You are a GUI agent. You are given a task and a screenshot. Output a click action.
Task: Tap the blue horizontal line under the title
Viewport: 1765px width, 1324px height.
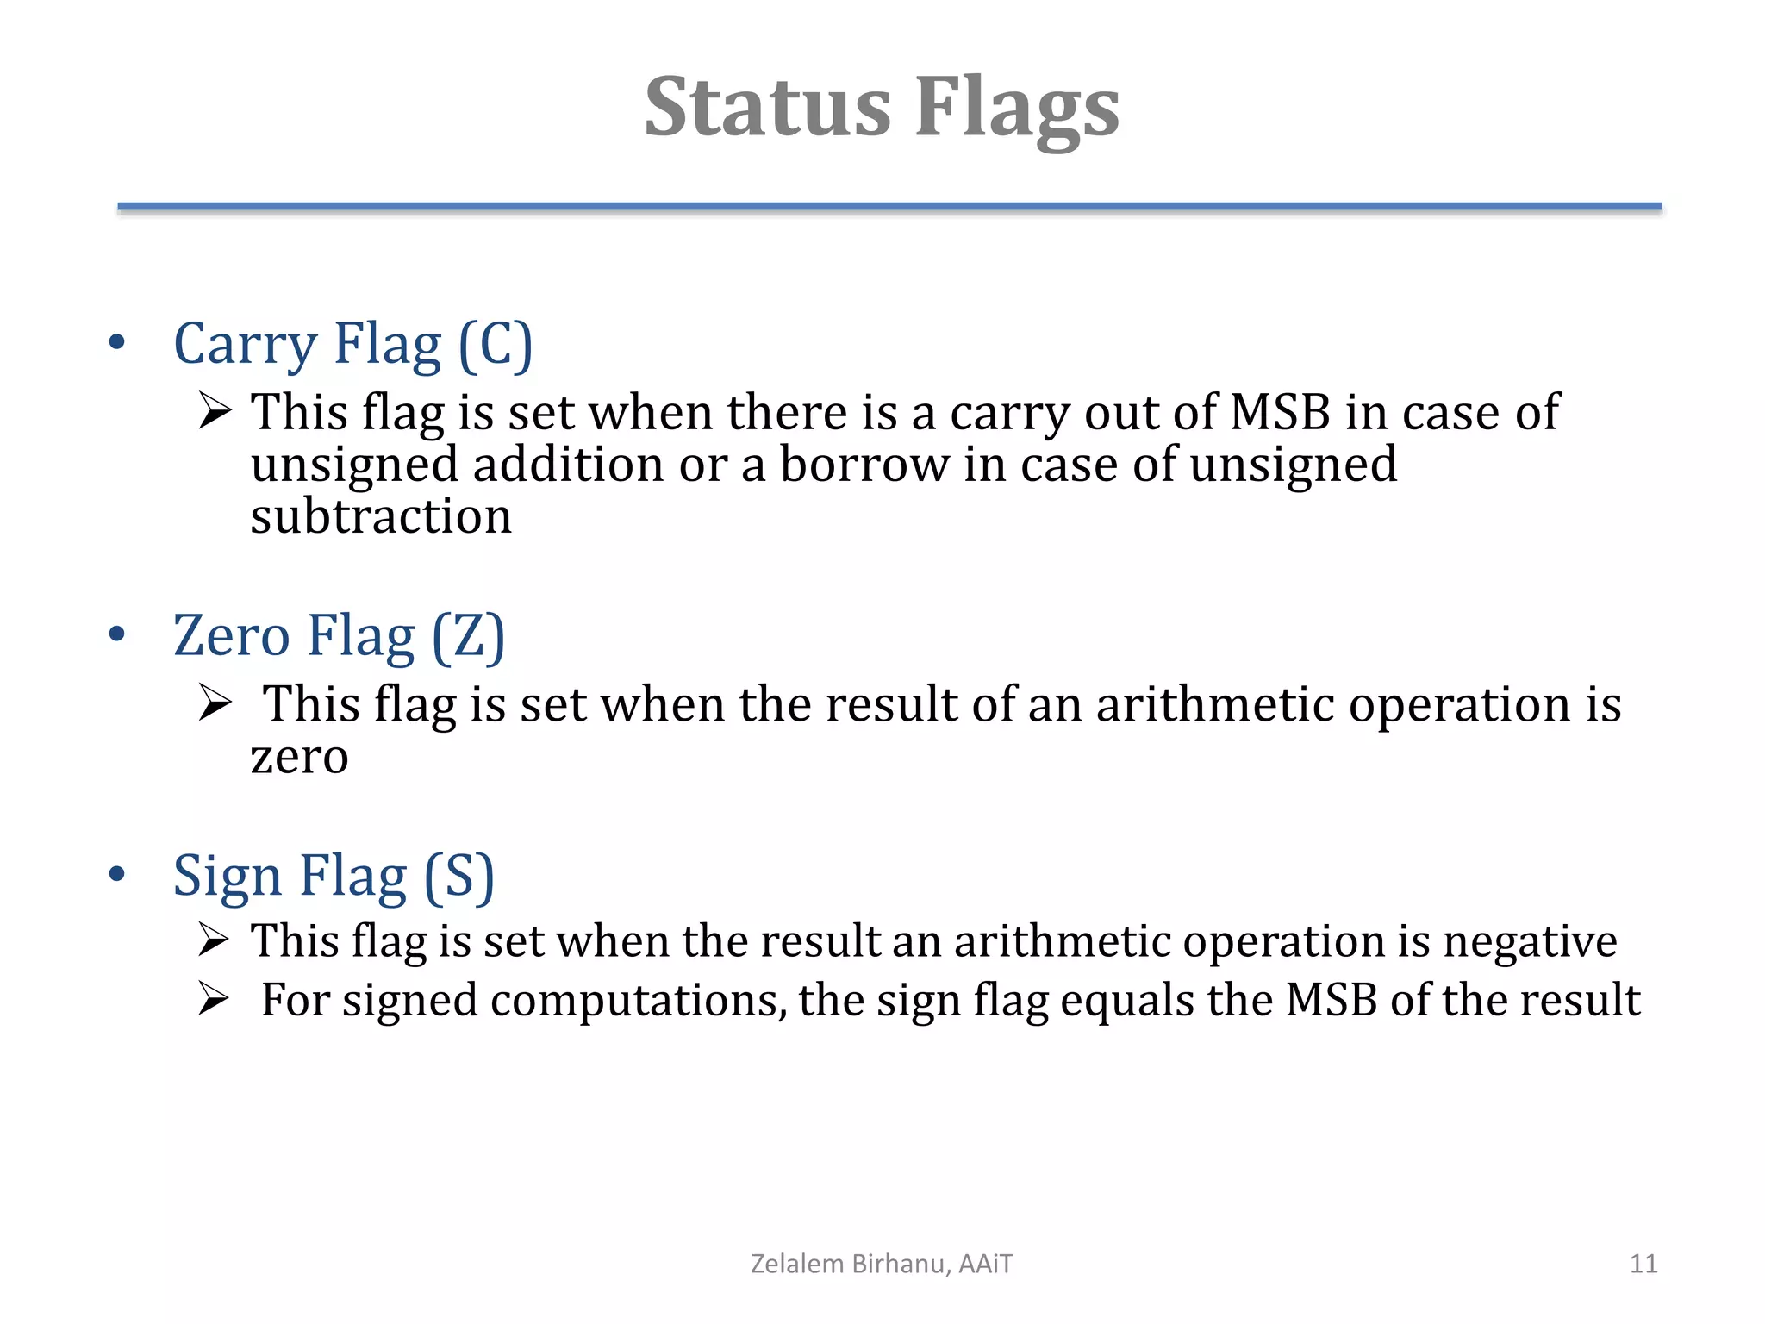point(889,207)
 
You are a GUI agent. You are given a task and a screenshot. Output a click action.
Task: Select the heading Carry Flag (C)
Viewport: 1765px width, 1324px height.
point(353,345)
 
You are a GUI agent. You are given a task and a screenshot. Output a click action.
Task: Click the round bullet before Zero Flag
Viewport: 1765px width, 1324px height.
point(117,635)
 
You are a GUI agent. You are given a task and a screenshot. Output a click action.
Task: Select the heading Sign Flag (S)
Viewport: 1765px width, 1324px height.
point(334,877)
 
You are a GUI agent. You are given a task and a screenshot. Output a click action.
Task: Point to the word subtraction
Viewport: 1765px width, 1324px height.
point(381,517)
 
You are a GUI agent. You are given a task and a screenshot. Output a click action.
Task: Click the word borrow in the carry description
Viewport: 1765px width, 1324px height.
point(864,465)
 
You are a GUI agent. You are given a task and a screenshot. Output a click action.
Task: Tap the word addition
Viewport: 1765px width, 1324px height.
point(568,465)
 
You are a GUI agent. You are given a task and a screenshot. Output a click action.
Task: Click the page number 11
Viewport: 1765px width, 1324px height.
point(1643,1264)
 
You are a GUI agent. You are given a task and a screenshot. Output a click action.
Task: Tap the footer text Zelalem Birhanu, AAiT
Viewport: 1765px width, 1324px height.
point(882,1264)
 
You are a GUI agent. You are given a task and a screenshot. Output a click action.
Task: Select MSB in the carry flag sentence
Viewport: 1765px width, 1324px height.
point(1279,412)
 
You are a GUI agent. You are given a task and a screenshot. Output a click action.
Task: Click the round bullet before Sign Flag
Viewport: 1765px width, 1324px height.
point(117,875)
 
